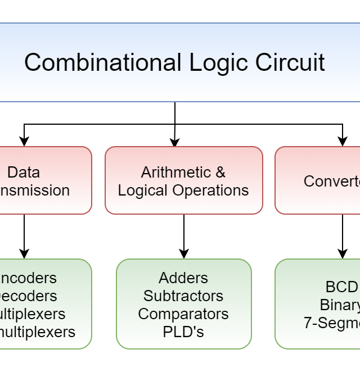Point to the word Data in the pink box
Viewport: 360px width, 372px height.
click(x=24, y=172)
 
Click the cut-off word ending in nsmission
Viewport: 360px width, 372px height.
click(x=35, y=190)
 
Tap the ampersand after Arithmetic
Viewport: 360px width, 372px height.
click(x=220, y=172)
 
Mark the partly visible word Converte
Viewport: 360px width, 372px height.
click(x=332, y=181)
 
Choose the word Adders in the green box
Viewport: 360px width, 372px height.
click(x=183, y=278)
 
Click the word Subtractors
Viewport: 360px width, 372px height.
click(x=183, y=296)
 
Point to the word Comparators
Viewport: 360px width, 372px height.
click(x=183, y=314)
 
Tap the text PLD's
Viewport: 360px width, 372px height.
click(x=183, y=332)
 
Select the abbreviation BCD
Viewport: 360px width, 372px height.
click(x=342, y=287)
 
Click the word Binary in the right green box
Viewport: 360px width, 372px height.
click(x=340, y=305)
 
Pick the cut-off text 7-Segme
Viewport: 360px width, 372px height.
click(x=332, y=323)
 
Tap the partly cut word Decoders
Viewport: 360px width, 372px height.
click(x=28, y=296)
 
